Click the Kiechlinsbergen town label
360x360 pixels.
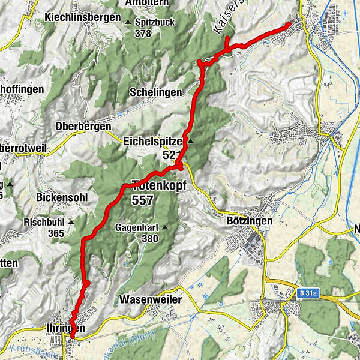tap(83, 18)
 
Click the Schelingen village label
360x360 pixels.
tap(155, 92)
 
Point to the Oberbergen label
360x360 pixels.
tap(83, 127)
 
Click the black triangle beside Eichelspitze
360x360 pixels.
tap(191, 142)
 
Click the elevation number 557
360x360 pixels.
tap(142, 200)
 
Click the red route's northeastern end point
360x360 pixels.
tap(290, 23)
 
